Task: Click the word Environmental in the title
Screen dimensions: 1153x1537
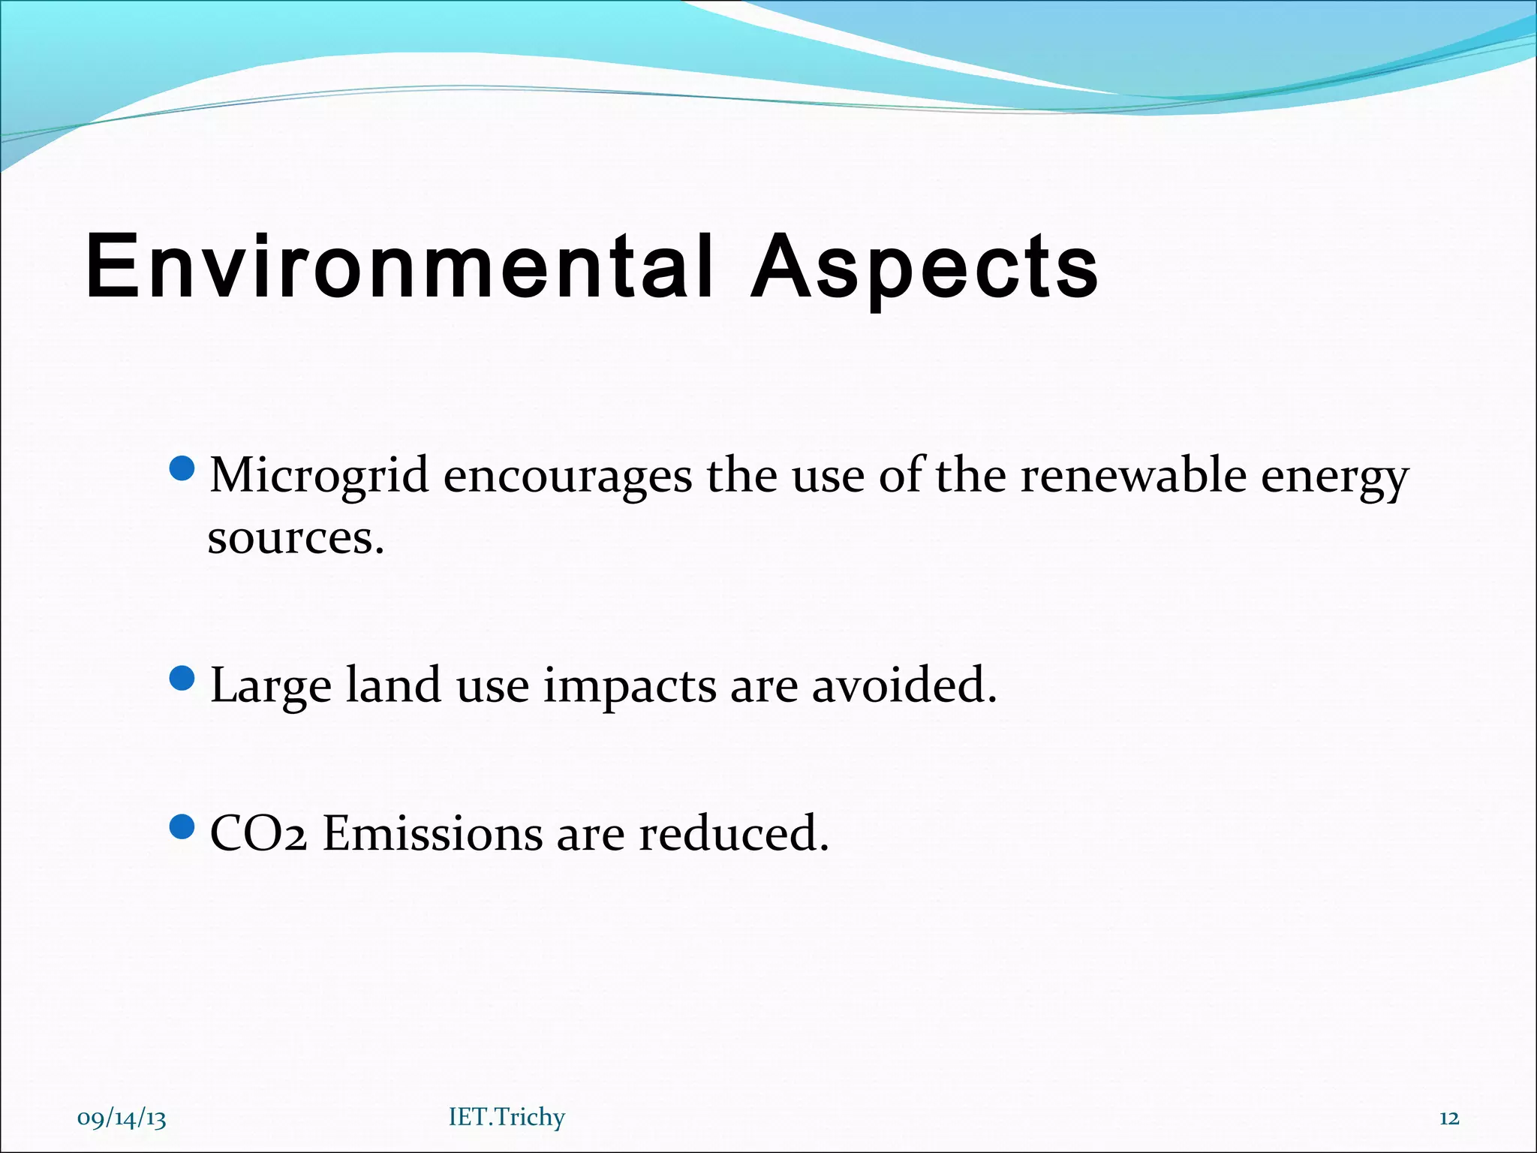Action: tap(398, 266)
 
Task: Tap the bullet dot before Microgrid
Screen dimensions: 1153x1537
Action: tap(182, 470)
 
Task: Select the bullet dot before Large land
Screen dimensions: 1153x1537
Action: tap(182, 679)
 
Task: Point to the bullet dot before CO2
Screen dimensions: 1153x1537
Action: tap(182, 828)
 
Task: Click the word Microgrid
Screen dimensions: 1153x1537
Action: tap(319, 476)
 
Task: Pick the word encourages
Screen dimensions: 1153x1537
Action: tap(567, 476)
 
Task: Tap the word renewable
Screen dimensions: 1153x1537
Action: tap(1132, 476)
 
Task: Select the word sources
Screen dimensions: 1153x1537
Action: tap(295, 538)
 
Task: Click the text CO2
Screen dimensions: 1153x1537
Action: tap(258, 834)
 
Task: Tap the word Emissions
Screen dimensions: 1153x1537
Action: tap(432, 834)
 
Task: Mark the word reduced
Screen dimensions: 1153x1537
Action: tap(733, 834)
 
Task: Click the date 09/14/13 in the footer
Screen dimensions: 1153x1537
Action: tap(122, 1118)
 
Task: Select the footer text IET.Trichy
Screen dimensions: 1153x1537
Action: tap(507, 1117)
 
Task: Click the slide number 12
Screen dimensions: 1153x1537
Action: tap(1449, 1118)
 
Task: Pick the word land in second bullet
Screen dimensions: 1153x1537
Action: tap(393, 685)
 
